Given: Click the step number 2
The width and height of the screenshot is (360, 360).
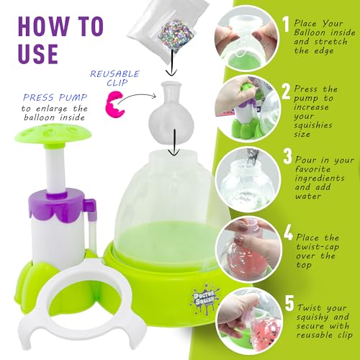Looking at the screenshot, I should (287, 91).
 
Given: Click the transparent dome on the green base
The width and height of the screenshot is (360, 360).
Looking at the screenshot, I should (174, 198).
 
